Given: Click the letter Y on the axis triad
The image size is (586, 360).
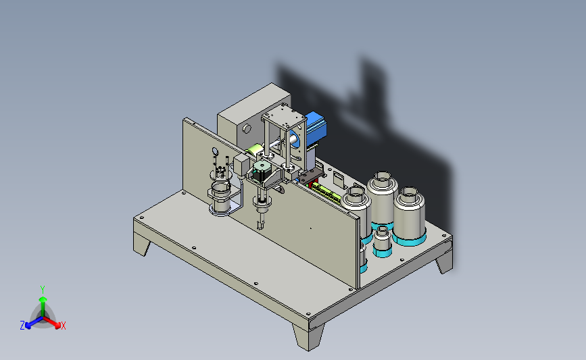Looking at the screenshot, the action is [x=43, y=290].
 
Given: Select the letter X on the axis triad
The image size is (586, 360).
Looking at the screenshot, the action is [x=63, y=326].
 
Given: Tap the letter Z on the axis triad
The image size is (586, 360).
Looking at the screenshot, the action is [x=22, y=326].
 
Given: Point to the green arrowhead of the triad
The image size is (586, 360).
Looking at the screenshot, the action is [x=43, y=299].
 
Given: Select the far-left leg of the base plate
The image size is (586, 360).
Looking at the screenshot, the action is [x=141, y=245].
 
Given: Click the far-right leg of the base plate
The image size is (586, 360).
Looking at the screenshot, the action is [x=445, y=261].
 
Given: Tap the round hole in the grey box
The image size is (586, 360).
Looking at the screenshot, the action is [x=247, y=129].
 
